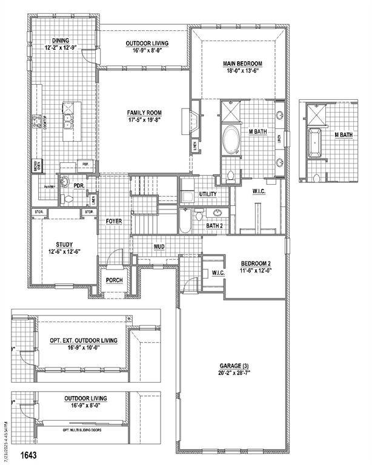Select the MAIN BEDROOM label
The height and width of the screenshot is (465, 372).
click(x=242, y=64)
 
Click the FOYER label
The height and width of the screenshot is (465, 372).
click(x=114, y=222)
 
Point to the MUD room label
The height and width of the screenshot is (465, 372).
click(x=159, y=246)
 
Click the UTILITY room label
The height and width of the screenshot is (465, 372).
click(x=208, y=194)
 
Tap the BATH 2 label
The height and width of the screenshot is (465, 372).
click(x=214, y=225)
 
